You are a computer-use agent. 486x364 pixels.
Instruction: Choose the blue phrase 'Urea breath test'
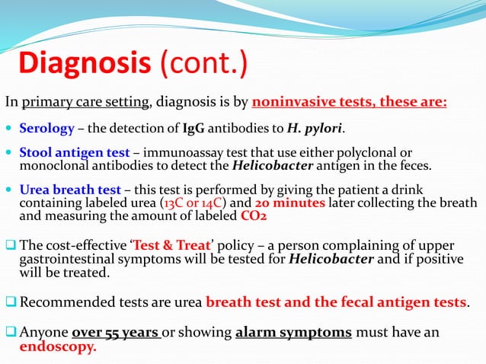click(x=69, y=189)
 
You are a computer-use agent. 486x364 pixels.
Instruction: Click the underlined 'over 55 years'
click(x=116, y=333)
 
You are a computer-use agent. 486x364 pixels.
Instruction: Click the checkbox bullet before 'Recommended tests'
click(x=11, y=302)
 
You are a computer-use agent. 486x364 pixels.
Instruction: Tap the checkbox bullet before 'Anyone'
click(x=11, y=333)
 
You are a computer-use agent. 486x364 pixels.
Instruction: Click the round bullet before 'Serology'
click(x=10, y=127)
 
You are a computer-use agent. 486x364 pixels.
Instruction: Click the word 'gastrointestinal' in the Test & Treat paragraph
click(x=67, y=259)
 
